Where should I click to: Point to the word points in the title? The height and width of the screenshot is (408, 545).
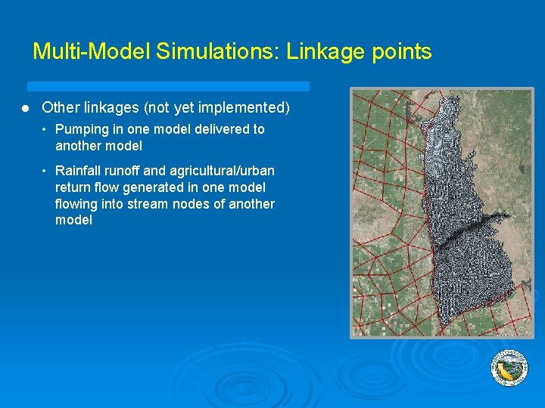point(400,51)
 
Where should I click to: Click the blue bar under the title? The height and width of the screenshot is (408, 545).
point(168,86)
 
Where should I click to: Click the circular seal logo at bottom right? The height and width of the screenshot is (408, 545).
point(509,368)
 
